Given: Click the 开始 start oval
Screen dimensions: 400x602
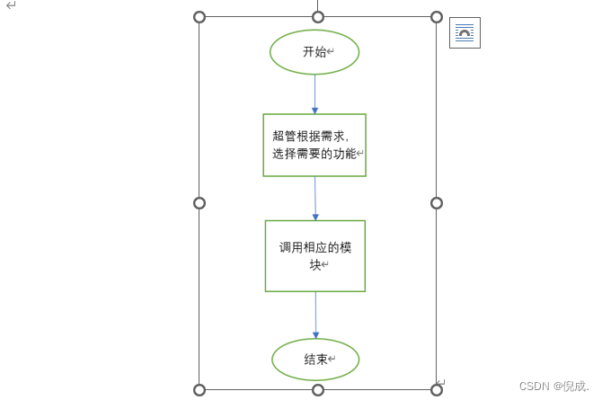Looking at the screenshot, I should (314, 52).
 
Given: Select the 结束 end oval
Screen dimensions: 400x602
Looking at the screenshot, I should (315, 360).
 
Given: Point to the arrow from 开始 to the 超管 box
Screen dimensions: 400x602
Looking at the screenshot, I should (314, 93).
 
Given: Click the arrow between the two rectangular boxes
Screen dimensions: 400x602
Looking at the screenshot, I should (315, 198).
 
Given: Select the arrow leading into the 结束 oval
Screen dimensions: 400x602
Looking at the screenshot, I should (315, 315).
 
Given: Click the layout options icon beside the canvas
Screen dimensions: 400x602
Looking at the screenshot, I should (465, 33).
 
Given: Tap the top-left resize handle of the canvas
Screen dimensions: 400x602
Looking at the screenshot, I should (199, 17).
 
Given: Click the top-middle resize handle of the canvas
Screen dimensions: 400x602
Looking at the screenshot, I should (318, 17).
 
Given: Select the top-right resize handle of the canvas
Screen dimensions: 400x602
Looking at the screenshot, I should (437, 17).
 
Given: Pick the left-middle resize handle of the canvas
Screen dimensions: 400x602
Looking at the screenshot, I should (199, 203).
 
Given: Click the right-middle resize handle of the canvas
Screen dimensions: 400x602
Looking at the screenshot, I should (437, 203).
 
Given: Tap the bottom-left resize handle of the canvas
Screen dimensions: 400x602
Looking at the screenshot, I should (199, 389).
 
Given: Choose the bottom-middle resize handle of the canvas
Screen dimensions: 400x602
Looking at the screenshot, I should (318, 389).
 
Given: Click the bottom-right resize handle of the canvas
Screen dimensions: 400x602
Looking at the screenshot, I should (437, 389).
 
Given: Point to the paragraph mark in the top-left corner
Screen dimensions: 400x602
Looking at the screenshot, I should (11, 5).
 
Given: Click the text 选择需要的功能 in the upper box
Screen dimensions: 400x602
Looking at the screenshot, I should (314, 154).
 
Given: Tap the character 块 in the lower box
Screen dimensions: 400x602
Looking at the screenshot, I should (314, 264).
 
